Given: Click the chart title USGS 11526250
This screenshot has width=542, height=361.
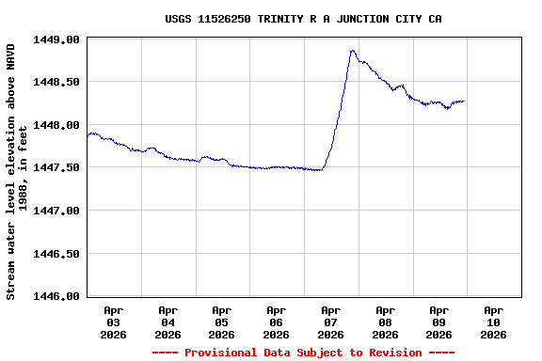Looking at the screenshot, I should [x=303, y=19].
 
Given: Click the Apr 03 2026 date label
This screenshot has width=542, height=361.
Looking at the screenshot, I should [x=114, y=322].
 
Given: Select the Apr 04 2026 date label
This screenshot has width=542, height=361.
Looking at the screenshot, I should [x=168, y=322].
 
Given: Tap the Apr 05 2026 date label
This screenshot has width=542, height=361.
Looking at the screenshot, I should [x=222, y=322].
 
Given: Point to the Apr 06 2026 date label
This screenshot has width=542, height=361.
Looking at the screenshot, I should [x=277, y=322].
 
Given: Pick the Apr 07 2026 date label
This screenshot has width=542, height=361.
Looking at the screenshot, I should [x=330, y=322].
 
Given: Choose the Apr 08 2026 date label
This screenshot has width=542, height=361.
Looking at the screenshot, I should [x=385, y=322].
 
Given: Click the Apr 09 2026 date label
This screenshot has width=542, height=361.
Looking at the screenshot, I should [x=439, y=322].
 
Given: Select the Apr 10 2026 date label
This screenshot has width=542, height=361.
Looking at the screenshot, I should [x=493, y=322].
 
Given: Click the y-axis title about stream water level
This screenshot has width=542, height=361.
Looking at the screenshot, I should [x=18, y=171].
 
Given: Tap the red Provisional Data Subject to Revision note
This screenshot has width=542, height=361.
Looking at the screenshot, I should [x=303, y=353].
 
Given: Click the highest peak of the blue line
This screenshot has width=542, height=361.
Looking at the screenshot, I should [x=352, y=51].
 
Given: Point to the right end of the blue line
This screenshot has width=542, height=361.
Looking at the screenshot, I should [x=464, y=102].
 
